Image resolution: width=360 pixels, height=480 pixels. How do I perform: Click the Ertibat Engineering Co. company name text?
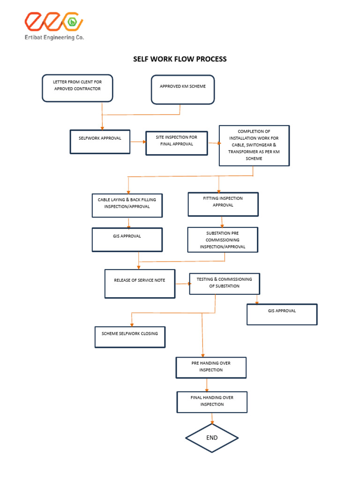54,37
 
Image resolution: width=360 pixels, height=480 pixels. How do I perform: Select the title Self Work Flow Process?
180,59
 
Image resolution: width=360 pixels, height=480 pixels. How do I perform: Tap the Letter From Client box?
77,88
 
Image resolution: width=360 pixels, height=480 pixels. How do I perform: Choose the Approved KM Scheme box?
182,89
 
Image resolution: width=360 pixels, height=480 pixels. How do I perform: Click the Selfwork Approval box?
100,141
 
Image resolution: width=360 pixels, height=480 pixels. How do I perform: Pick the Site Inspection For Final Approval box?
176,143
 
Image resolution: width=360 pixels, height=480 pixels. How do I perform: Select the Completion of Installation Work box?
254,145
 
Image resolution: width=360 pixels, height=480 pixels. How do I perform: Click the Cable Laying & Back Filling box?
127,206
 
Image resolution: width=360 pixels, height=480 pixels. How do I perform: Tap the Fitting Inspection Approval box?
223,204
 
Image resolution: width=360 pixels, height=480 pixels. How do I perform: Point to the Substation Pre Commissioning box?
223,240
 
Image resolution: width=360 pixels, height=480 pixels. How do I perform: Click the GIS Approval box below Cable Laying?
127,240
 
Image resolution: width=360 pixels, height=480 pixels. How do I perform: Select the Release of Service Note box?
140,284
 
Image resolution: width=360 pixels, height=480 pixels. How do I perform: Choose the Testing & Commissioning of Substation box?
224,284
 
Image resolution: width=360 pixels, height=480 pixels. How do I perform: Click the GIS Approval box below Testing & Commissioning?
282,314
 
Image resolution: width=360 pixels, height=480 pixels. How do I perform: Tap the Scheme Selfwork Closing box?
130,337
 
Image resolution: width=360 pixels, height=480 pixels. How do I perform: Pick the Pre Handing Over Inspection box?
211,367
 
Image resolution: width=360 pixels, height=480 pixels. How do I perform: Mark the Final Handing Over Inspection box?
212,402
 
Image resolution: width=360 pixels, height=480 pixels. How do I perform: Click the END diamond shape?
212,438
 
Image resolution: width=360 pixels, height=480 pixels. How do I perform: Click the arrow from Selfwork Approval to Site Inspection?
137,141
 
